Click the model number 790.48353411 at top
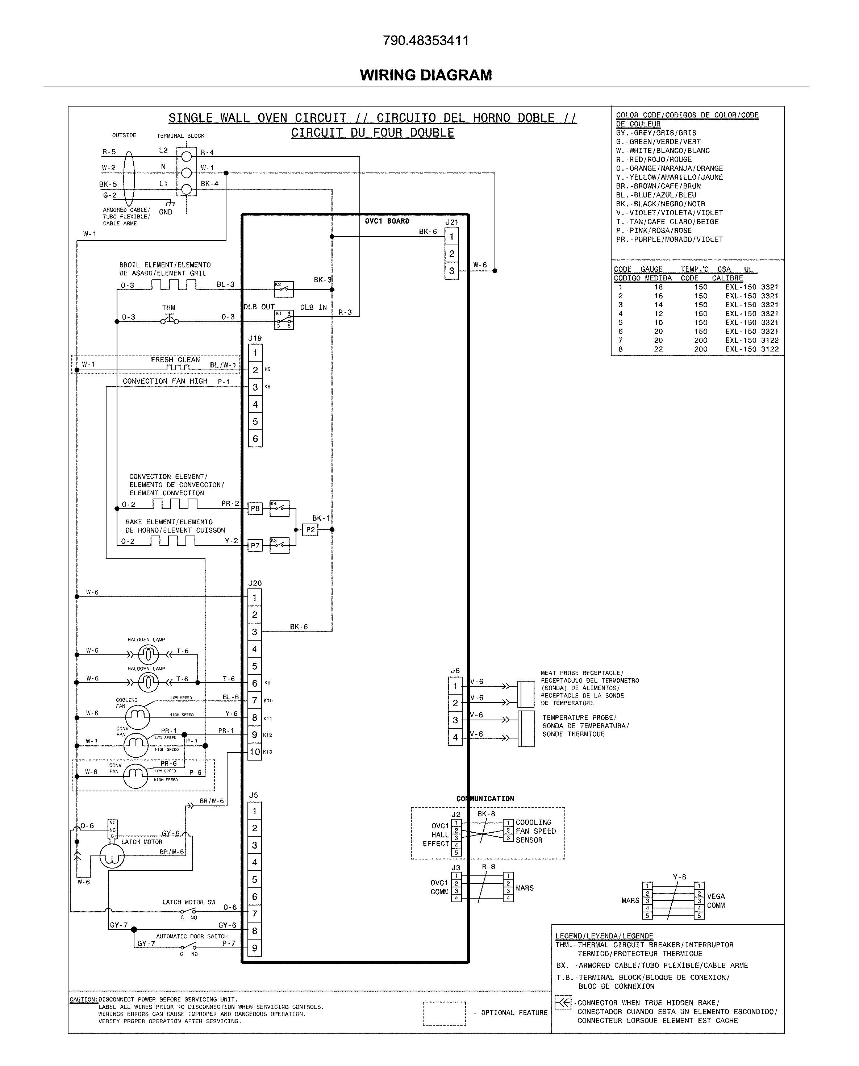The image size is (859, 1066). [426, 41]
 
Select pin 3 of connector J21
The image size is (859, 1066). [451, 271]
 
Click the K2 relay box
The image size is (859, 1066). [284, 289]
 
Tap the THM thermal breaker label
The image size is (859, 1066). [169, 307]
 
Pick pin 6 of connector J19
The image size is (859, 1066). [255, 438]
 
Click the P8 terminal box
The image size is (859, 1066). [255, 508]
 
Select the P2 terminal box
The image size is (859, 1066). [310, 529]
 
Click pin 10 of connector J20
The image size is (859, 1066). [254, 752]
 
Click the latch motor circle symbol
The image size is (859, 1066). [112, 856]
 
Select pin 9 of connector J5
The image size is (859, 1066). [254, 948]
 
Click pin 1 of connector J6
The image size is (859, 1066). [455, 686]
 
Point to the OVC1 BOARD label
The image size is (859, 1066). [387, 221]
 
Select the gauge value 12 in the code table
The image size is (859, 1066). [658, 314]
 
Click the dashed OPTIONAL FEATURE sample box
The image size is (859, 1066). [444, 1012]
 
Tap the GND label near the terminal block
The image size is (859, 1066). [166, 212]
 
